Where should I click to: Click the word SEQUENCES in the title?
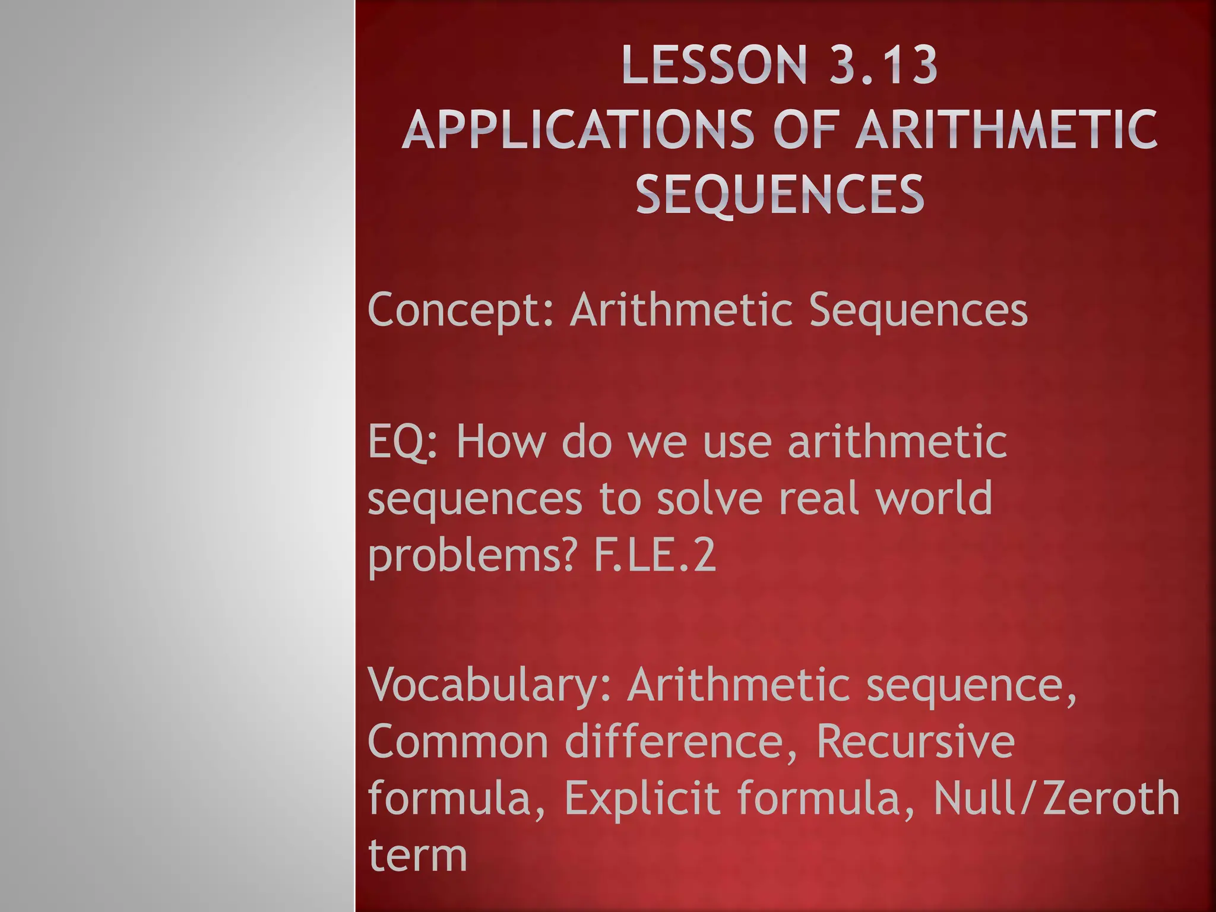(780, 194)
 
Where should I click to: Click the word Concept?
(461, 311)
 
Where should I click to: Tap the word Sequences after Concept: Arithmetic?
(918, 309)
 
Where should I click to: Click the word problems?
(472, 556)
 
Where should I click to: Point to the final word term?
(417, 856)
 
